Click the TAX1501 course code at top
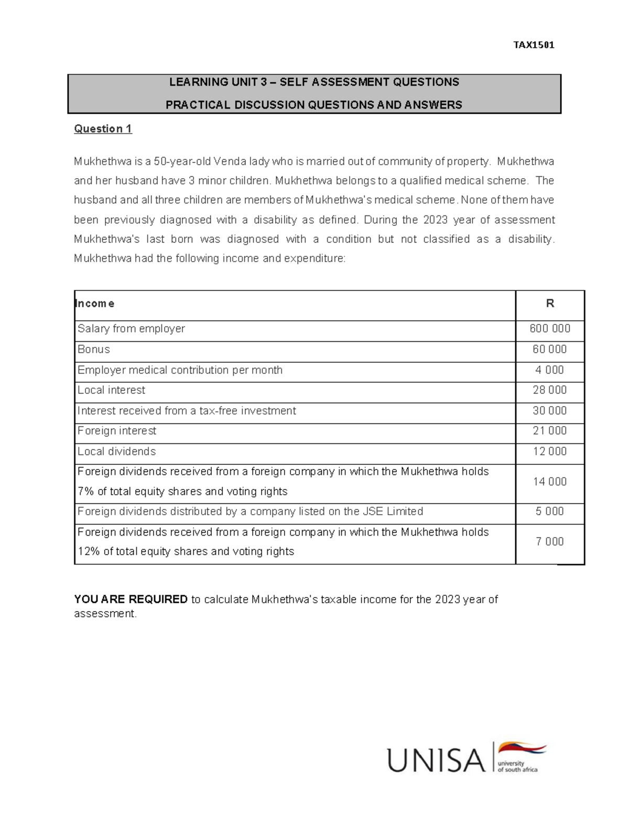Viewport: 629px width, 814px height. (534, 45)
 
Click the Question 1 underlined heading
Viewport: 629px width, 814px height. (103, 129)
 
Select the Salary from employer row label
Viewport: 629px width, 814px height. (131, 329)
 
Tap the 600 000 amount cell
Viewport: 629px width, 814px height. (549, 329)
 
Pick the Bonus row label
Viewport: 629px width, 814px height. (94, 349)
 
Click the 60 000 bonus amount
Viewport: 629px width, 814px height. (549, 349)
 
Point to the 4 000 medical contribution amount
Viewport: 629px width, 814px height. (549, 370)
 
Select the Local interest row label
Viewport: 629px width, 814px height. (111, 390)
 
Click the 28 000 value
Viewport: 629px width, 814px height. (549, 390)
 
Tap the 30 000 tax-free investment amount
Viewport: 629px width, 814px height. (549, 411)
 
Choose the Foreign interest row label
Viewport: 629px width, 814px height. (117, 431)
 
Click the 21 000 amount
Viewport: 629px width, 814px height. (549, 431)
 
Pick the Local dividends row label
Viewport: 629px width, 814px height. (116, 451)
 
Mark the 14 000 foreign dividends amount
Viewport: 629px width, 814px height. (549, 482)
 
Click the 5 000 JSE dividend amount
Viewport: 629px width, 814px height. (549, 512)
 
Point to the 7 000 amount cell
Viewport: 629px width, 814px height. (549, 541)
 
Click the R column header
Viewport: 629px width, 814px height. (550, 303)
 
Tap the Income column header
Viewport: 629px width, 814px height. (95, 303)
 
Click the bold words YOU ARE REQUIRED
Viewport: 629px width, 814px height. (131, 599)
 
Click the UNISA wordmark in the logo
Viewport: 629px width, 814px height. (436, 760)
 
